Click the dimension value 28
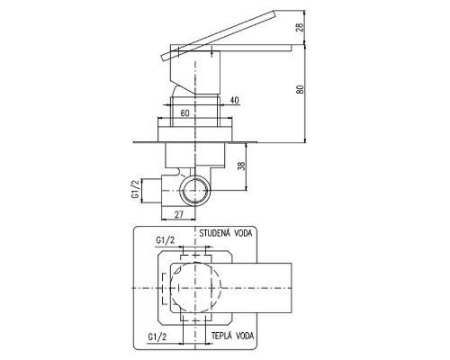pos(301,27)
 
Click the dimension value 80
pos(301,89)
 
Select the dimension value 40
pos(235,100)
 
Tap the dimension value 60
pos(185,113)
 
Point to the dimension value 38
pos(241,166)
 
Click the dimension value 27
pos(179,214)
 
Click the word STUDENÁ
pos(214,233)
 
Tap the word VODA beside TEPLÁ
pos(245,336)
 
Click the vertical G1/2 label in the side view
pos(136,190)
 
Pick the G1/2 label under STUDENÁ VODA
pos(165,240)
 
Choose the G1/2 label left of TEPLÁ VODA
pos(157,337)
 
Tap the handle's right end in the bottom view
pos(292,288)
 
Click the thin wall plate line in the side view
pos(195,142)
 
